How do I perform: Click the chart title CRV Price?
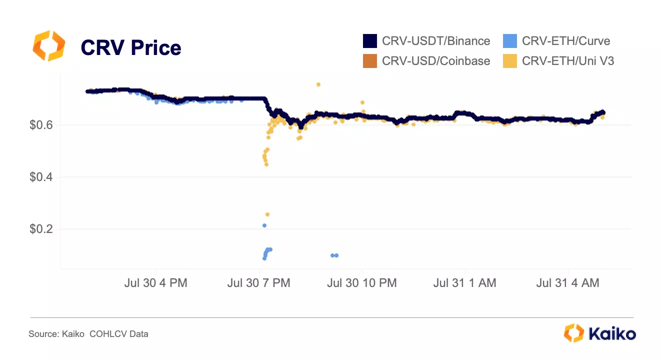click(131, 48)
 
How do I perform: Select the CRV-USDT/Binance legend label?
click(436, 41)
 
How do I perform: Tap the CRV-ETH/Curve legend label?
click(566, 41)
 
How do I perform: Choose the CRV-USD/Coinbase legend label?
click(436, 61)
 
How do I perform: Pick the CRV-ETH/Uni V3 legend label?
click(568, 61)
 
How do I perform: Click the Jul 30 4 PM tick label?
click(155, 283)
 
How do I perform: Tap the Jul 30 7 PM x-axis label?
click(258, 283)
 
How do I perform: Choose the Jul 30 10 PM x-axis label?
click(361, 283)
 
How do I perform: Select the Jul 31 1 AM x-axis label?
click(464, 283)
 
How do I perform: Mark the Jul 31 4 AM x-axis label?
click(567, 283)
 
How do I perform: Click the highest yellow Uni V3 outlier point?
click(318, 84)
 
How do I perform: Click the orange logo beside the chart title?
click(48, 45)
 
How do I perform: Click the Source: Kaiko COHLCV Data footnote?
click(88, 334)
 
